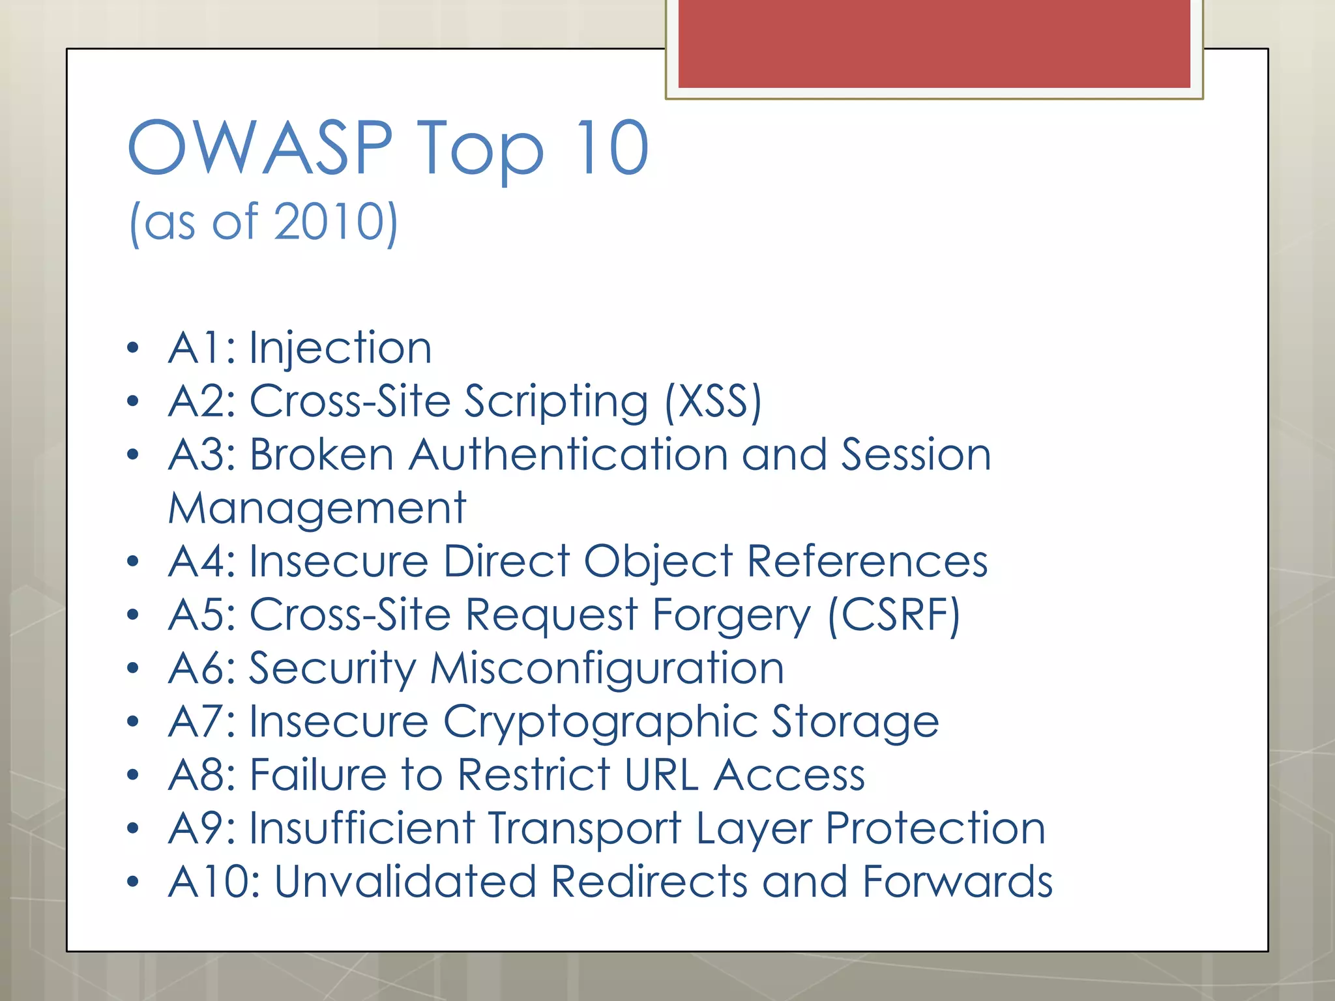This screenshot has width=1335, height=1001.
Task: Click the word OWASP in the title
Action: tap(260, 149)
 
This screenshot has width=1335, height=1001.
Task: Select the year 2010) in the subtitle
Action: tap(336, 222)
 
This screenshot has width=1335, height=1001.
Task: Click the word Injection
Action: tap(340, 348)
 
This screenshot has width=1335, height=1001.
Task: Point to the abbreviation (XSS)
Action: tap(713, 401)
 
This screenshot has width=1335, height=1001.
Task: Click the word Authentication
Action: tap(568, 454)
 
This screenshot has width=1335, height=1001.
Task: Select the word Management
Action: tap(317, 508)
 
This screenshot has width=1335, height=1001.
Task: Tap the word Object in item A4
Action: tap(658, 561)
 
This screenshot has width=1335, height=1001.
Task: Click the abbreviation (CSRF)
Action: tap(894, 615)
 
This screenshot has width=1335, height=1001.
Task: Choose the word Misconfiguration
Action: tap(607, 669)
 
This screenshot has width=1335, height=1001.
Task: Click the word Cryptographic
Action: tap(600, 722)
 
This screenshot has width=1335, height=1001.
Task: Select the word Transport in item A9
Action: tap(585, 829)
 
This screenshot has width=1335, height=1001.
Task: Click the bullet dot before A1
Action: tap(133, 348)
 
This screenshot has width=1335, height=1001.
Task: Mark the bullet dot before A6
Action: tap(133, 669)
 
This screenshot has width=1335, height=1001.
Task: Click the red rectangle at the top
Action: tap(934, 44)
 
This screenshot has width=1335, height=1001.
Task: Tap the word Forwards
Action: tap(957, 882)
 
